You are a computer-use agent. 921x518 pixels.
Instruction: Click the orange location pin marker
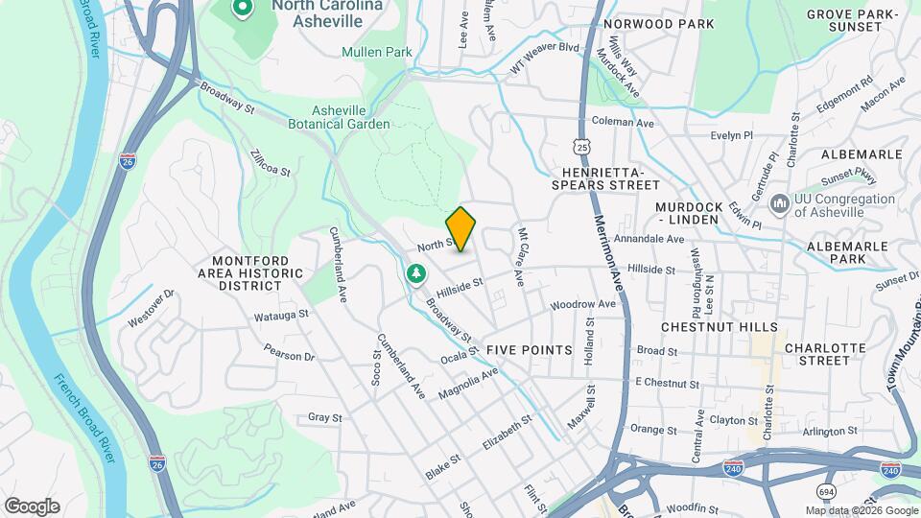(x=461, y=228)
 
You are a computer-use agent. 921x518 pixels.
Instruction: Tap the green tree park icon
(x=416, y=274)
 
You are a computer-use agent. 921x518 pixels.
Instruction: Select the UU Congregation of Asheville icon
(x=779, y=203)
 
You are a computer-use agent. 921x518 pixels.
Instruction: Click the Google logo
(x=32, y=506)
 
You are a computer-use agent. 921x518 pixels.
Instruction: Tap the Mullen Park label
(x=375, y=52)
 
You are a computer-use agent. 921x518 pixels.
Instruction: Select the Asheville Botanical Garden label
(x=339, y=117)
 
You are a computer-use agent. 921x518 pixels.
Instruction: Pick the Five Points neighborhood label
(x=530, y=350)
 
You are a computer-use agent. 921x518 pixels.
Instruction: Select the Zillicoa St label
(x=270, y=162)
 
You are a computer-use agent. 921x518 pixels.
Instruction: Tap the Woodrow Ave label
(x=582, y=305)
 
